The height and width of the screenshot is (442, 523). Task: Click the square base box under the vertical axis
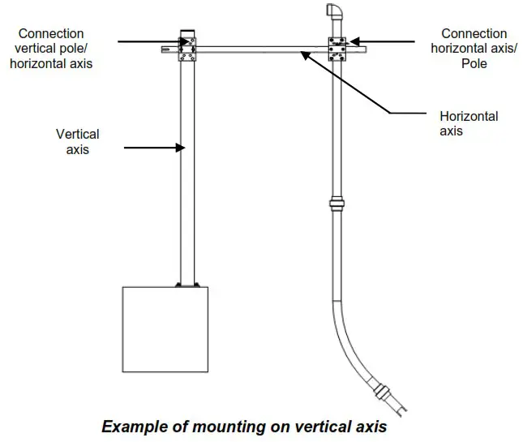click(x=165, y=328)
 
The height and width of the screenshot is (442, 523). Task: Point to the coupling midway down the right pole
click(x=336, y=204)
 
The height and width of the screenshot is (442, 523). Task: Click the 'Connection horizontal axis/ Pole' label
click(x=474, y=48)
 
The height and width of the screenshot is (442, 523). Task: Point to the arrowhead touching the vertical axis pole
click(x=182, y=148)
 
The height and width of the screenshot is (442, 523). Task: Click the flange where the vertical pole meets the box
click(x=187, y=284)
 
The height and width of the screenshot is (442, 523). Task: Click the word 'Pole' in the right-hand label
click(x=474, y=62)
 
